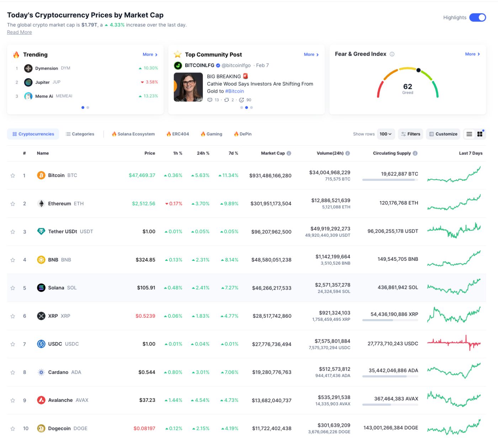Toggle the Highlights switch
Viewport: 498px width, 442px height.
coord(477,17)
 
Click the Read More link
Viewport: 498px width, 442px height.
coord(20,32)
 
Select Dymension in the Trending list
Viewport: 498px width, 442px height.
coord(46,68)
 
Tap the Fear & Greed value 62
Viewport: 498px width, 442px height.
coord(408,87)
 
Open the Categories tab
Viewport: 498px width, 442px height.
coord(80,134)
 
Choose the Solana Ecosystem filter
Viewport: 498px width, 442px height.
coord(133,134)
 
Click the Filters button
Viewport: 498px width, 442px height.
coord(410,134)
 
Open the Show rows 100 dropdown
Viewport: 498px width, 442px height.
coord(386,134)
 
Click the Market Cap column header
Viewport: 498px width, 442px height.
coord(273,153)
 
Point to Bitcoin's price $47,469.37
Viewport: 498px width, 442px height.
coord(142,175)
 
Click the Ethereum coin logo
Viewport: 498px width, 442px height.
coord(41,204)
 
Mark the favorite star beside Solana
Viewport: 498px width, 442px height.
coord(13,288)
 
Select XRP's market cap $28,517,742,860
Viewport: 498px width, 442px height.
coord(272,316)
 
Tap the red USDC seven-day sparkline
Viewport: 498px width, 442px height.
coord(454,343)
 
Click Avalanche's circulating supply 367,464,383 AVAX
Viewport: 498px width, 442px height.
coord(396,399)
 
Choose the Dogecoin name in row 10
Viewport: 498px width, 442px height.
coord(59,428)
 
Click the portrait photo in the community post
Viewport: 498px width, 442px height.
coord(188,87)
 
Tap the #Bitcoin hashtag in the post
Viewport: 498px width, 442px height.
coord(234,91)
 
